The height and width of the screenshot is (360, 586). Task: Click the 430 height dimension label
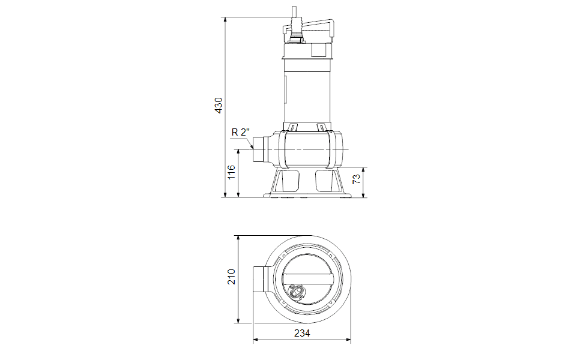click(x=219, y=106)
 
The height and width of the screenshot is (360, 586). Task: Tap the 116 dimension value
click(x=231, y=172)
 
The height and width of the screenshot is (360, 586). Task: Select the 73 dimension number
click(x=357, y=179)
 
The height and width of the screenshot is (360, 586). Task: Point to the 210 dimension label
click(x=231, y=277)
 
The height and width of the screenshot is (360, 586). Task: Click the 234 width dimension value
click(x=302, y=333)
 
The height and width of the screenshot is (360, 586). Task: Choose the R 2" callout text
click(x=240, y=132)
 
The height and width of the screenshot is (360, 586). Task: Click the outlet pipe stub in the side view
click(x=259, y=149)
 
